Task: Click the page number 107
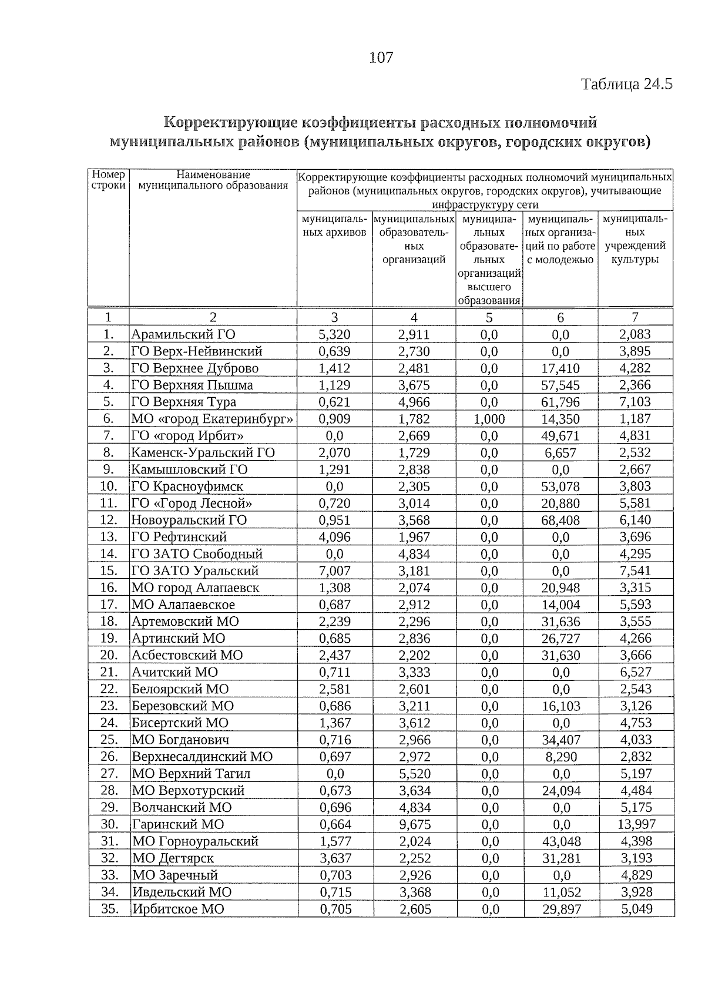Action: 381,58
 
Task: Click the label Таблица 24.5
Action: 626,84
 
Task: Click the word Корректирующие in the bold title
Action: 230,122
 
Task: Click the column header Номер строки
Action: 109,180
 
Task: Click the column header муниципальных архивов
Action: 334,226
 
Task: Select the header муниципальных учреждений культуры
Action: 635,239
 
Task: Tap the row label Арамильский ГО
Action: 183,335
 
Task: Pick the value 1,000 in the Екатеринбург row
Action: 489,419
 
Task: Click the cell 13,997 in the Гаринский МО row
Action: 636,825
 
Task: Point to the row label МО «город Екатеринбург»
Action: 212,419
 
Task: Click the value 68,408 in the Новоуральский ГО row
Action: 560,521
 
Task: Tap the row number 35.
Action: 109,909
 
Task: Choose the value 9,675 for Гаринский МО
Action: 414,825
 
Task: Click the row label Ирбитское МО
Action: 178,909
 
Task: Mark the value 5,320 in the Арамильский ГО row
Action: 334,335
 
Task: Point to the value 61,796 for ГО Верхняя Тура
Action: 560,402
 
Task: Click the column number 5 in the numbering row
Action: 489,318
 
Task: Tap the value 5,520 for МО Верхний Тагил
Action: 414,774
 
